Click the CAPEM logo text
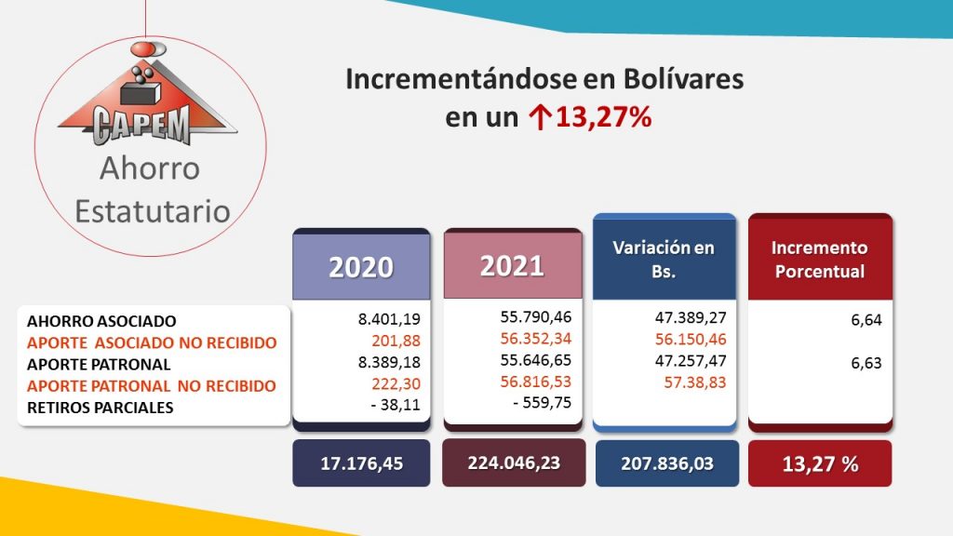[141, 125]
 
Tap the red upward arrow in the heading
[538, 117]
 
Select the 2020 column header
[362, 267]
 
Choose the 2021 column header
[513, 266]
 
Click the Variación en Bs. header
[664, 259]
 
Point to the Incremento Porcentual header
[820, 259]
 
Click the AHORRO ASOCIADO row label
[101, 321]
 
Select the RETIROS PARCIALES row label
[101, 408]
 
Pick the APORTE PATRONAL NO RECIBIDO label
[152, 386]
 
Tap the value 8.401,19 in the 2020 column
[389, 319]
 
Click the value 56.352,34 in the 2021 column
[536, 339]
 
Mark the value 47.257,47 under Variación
[691, 361]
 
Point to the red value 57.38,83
[694, 382]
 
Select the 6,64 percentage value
[866, 320]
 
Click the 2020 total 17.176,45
[362, 463]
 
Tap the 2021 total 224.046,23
[514, 462]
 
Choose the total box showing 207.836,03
[666, 463]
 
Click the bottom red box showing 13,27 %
[820, 463]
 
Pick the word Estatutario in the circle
[153, 211]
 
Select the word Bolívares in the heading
[682, 80]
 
